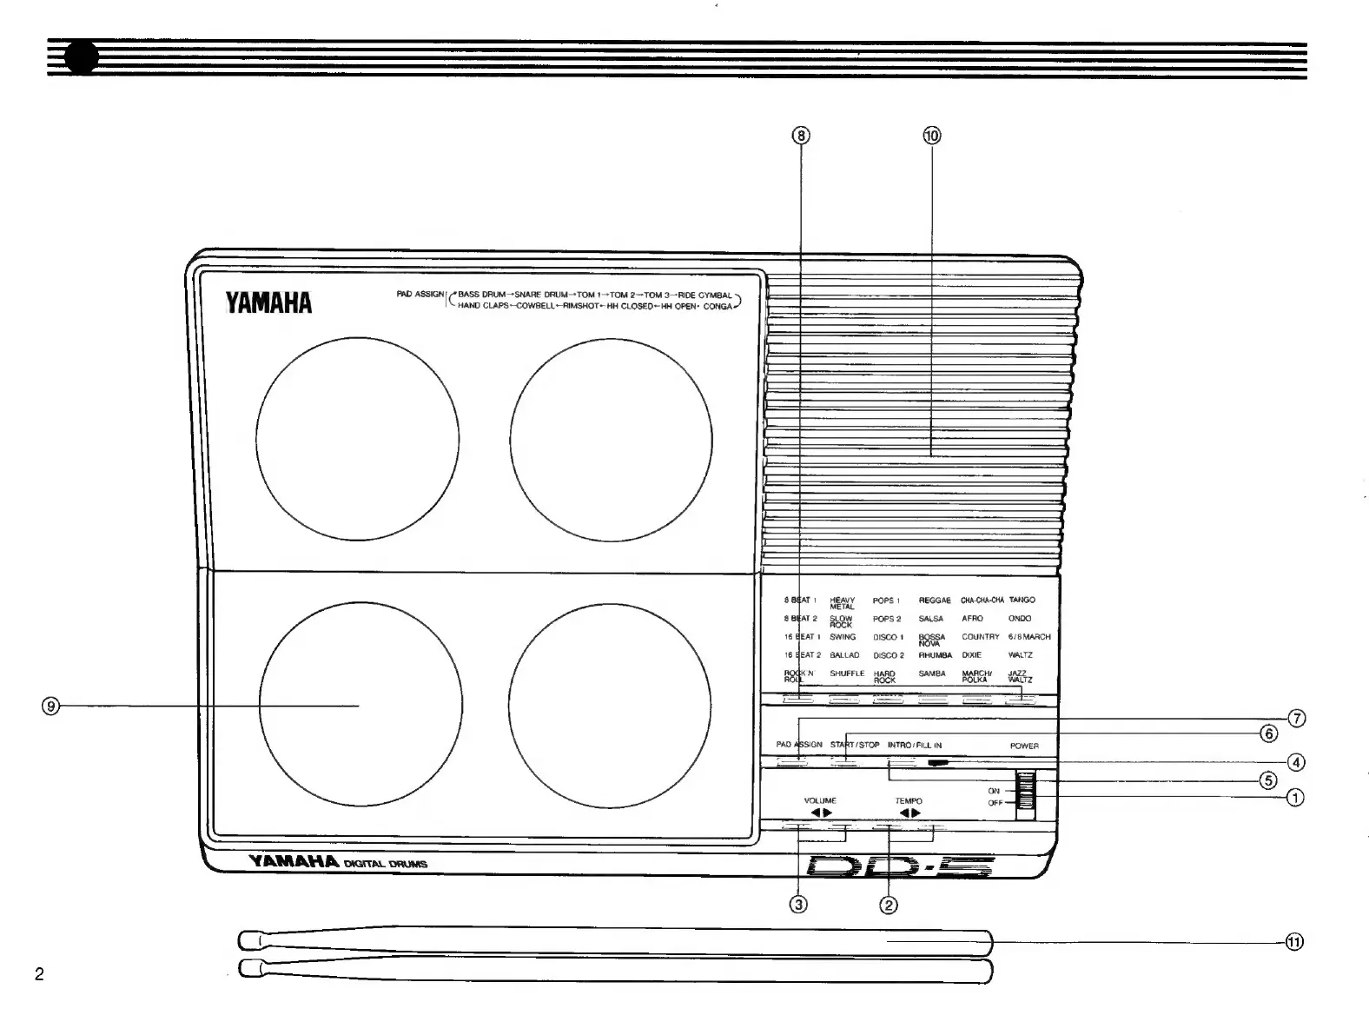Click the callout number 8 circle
tap(801, 136)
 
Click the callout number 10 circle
tap(931, 136)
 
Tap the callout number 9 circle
tap(51, 707)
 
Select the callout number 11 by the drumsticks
tap(1294, 942)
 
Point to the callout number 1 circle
tap(1294, 797)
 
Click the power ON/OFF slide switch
tap(1027, 793)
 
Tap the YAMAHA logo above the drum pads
tap(268, 302)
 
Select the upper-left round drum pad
tap(358, 438)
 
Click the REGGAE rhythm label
tap(935, 601)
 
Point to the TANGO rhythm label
tap(1022, 601)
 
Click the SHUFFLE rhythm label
tap(847, 674)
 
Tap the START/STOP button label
tap(855, 745)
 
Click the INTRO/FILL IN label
tap(914, 745)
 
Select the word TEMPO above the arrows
tap(909, 800)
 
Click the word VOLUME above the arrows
tap(820, 800)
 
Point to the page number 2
tap(39, 974)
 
